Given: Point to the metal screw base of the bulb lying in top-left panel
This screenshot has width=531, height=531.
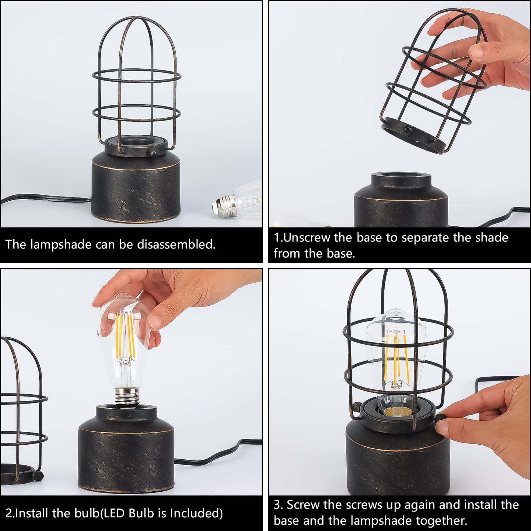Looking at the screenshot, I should (224, 206).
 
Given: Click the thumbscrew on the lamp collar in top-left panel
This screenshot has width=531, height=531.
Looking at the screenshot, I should (153, 152).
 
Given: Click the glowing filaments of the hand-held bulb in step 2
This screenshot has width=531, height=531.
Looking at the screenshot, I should (125, 334).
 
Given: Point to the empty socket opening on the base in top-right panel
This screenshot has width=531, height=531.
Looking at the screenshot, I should (401, 176).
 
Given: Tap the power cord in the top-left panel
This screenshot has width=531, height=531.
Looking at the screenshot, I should (44, 199).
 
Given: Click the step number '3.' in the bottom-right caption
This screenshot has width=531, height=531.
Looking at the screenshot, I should (278, 505).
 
